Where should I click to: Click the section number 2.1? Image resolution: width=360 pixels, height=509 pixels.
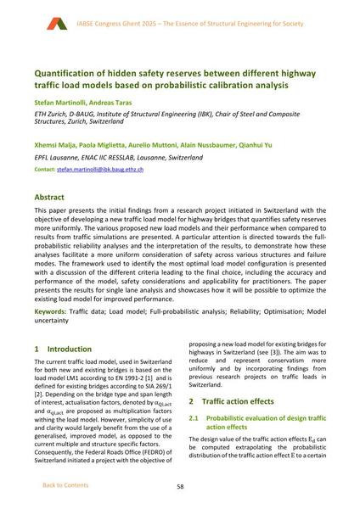pyautogui.click(x=194, y=418)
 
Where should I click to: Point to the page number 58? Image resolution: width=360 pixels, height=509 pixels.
pyautogui.click(x=180, y=485)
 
